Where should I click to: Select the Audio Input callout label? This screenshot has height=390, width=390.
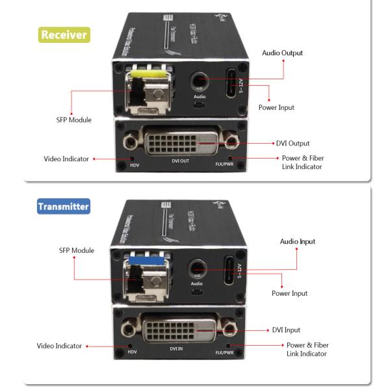pos(297,241)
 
